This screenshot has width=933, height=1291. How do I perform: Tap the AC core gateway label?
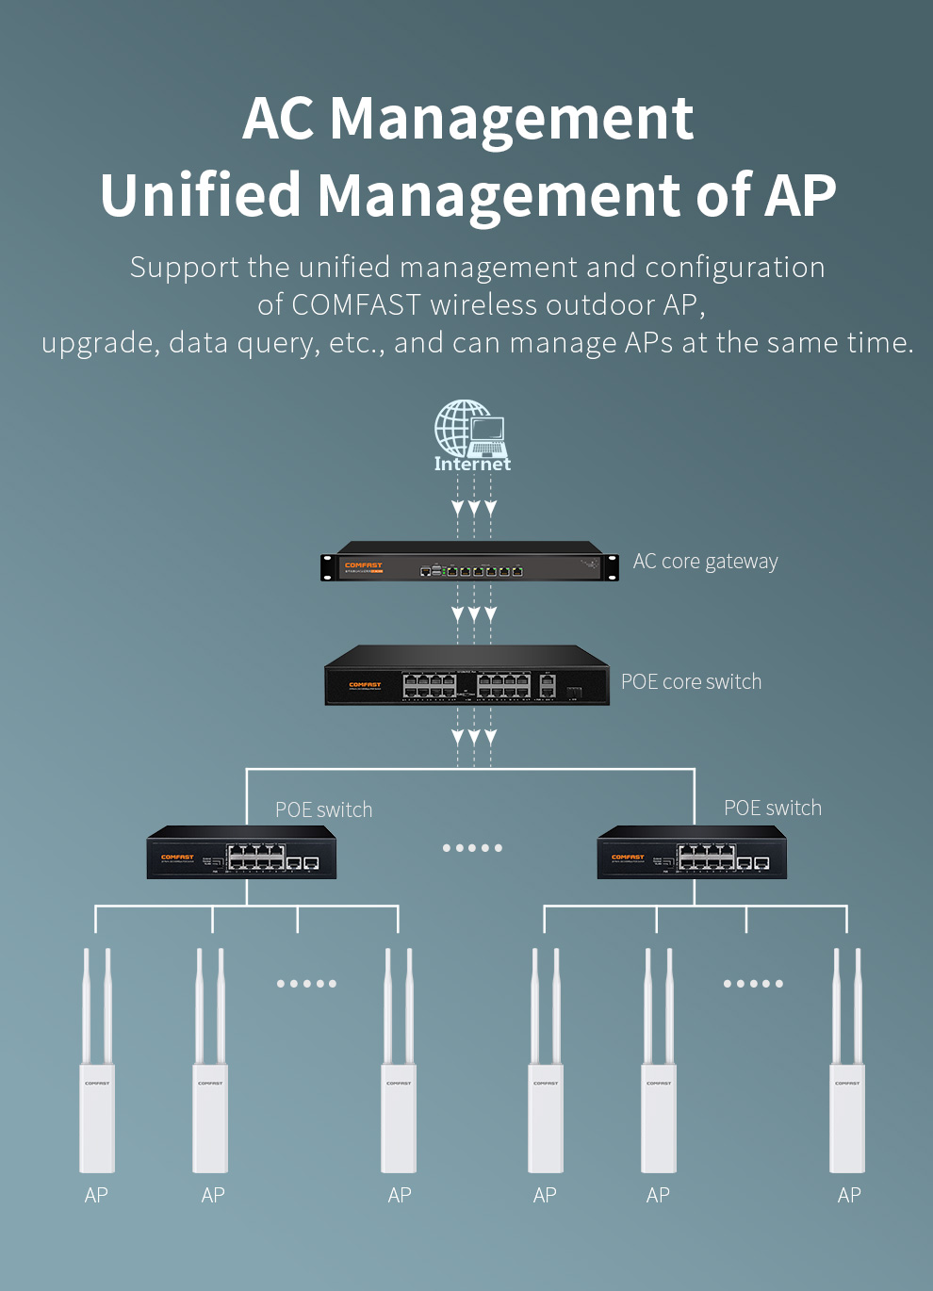(705, 562)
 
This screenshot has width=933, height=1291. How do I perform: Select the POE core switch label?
(691, 682)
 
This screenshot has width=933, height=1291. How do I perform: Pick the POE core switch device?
(467, 676)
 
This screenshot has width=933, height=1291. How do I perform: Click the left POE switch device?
(241, 853)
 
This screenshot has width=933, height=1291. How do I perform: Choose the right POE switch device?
(692, 853)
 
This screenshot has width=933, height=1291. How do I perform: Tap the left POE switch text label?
(323, 810)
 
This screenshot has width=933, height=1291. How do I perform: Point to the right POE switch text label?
(773, 809)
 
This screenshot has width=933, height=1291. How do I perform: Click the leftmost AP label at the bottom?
(96, 1196)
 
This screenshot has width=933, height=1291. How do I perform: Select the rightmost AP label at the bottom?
(849, 1196)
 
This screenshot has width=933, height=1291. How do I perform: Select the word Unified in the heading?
(201, 195)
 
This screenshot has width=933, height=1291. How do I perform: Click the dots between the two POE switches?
(472, 848)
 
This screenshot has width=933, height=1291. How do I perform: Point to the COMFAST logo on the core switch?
(365, 685)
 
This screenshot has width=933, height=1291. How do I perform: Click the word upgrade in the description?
(98, 344)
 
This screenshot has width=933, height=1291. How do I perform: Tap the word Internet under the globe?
(472, 464)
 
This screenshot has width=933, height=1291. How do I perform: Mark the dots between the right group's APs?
(753, 984)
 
